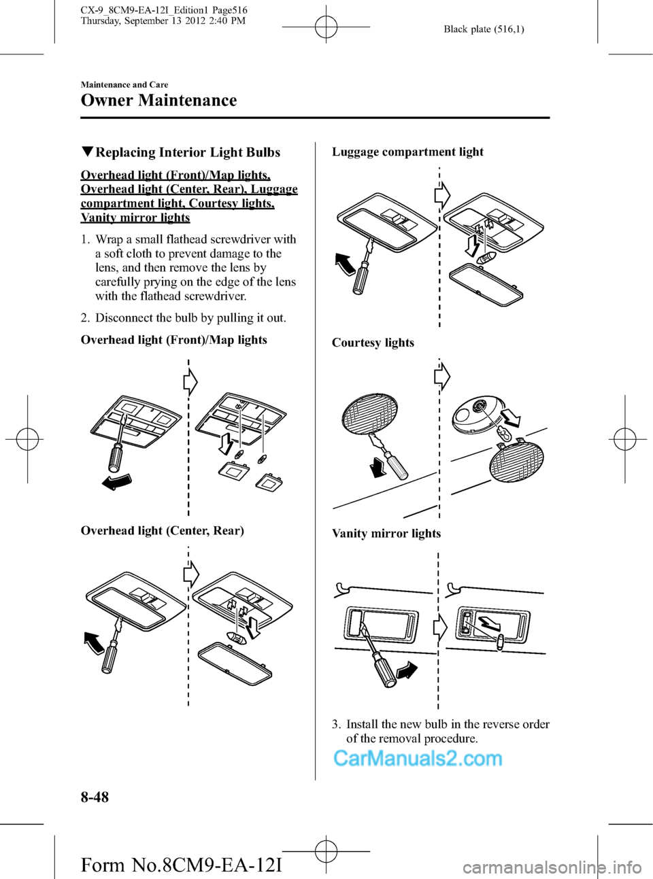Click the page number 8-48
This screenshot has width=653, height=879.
pyautogui.click(x=95, y=797)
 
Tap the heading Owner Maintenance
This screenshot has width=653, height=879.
pyautogui.click(x=158, y=101)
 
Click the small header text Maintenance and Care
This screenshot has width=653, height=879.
pyautogui.click(x=124, y=85)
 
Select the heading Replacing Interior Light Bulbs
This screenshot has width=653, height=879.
pyautogui.click(x=187, y=152)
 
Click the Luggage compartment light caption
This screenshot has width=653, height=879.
pyautogui.click(x=407, y=152)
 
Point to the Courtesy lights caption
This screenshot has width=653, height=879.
pyautogui.click(x=373, y=343)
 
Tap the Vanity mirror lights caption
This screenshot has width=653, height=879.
pyautogui.click(x=386, y=534)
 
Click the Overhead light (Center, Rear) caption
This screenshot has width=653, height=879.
pyautogui.click(x=162, y=530)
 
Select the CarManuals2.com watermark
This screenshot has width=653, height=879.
pyautogui.click(x=418, y=758)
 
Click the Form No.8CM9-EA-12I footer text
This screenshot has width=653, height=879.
pyautogui.click(x=181, y=865)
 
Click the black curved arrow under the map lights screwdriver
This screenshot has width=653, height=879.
pyautogui.click(x=116, y=482)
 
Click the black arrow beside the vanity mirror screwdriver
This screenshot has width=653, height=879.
pyautogui.click(x=406, y=671)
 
